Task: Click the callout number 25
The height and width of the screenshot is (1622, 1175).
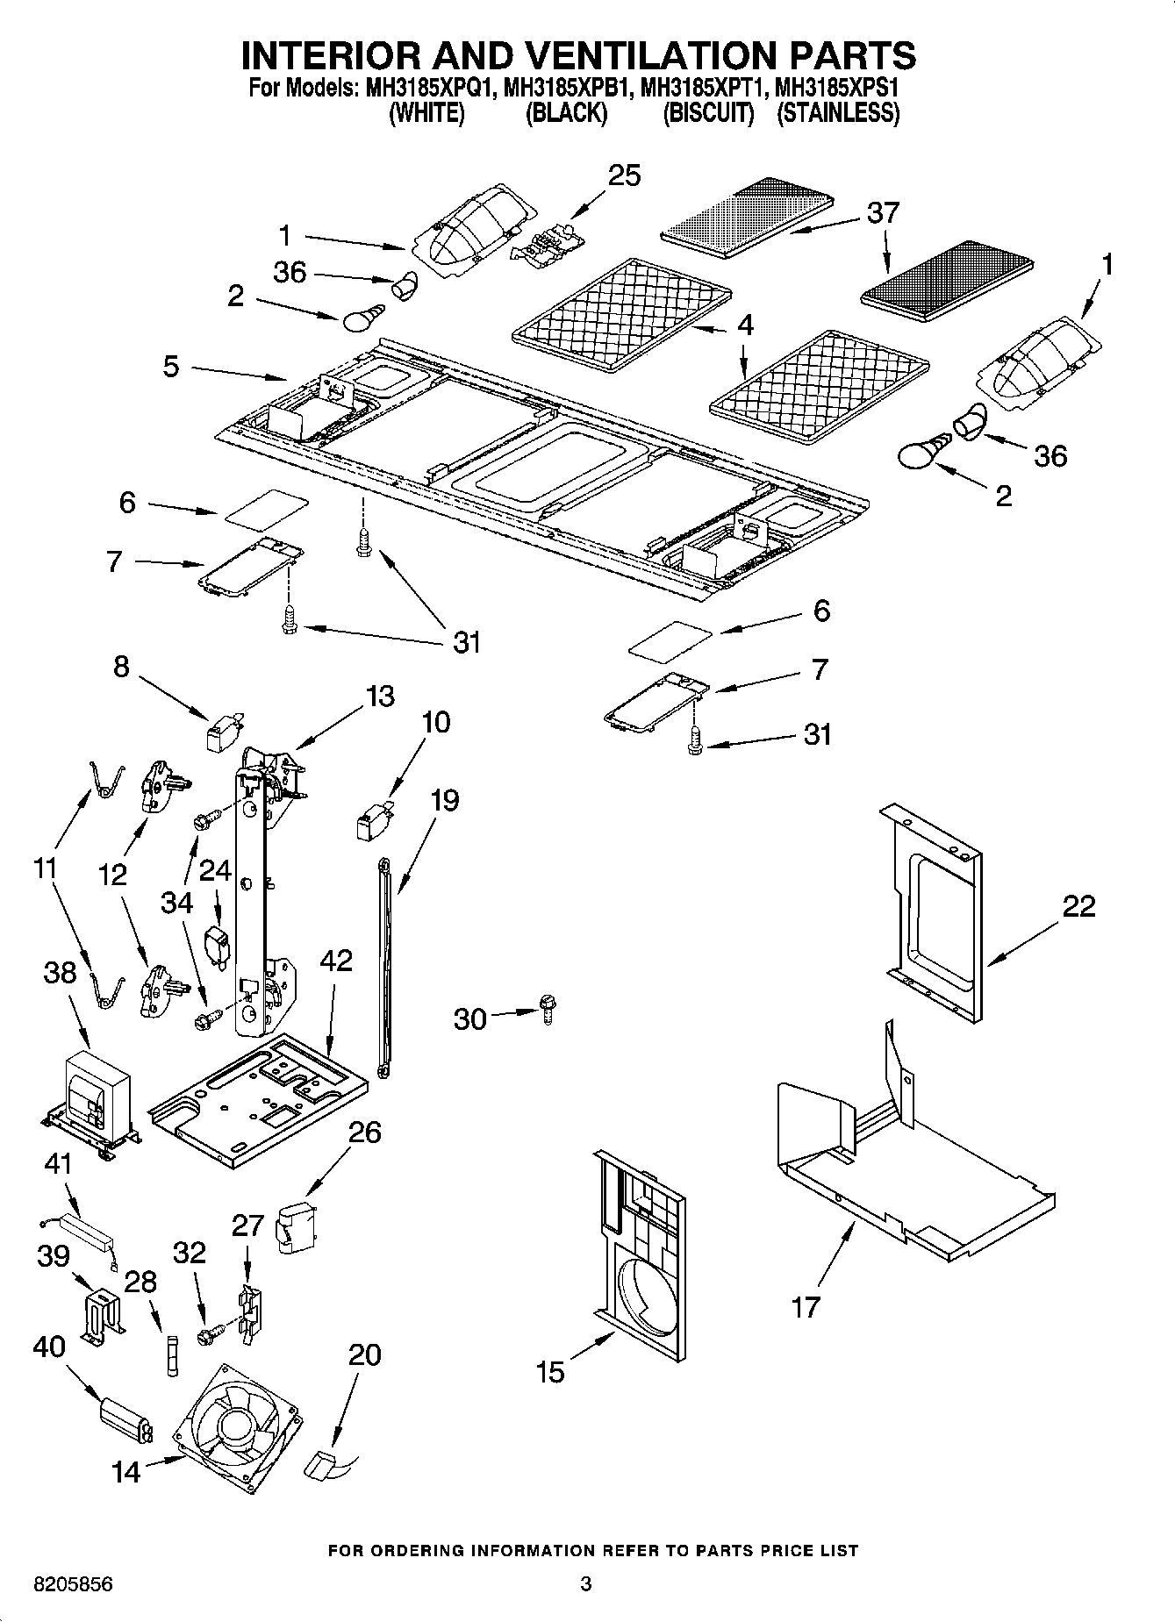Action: click(x=625, y=175)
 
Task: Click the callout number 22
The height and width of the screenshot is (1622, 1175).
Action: click(x=1078, y=906)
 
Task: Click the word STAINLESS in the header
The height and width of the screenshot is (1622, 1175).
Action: click(x=838, y=113)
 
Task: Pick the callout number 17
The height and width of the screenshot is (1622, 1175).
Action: click(x=805, y=1307)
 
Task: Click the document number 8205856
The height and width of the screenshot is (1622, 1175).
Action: click(x=74, y=1584)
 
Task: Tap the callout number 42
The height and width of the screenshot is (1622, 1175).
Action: click(x=336, y=961)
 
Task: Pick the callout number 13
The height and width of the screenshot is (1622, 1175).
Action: click(x=380, y=697)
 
